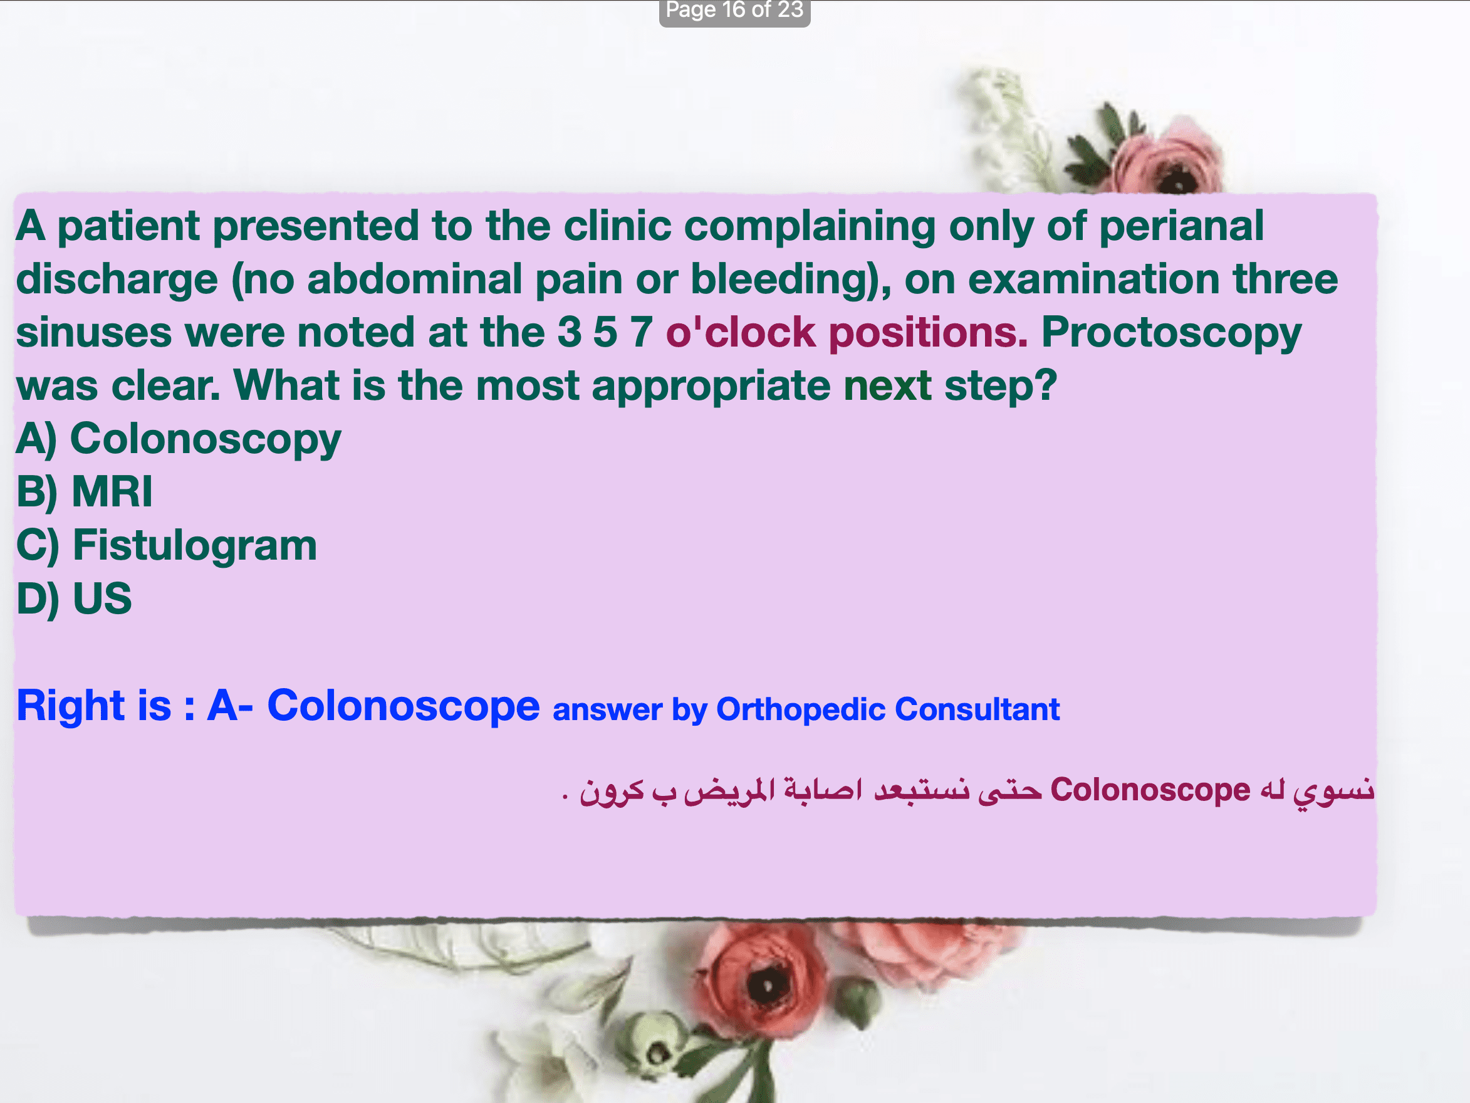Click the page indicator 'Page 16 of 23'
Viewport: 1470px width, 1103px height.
tap(734, 10)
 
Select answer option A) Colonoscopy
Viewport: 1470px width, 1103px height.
tap(178, 439)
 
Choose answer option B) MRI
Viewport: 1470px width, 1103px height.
tap(85, 492)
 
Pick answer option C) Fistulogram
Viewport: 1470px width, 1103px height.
tap(166, 545)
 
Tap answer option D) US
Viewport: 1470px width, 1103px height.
tap(74, 599)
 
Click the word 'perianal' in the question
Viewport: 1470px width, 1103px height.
tap(1181, 227)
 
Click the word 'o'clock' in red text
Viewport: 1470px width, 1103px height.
tap(740, 332)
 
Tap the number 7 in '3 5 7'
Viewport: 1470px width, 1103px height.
tap(641, 332)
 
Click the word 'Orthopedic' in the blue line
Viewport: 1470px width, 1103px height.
tap(800, 709)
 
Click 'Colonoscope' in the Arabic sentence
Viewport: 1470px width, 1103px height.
tap(1150, 790)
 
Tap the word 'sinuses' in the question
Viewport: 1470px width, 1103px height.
tap(94, 332)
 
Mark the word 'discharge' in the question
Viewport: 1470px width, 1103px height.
tap(117, 280)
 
